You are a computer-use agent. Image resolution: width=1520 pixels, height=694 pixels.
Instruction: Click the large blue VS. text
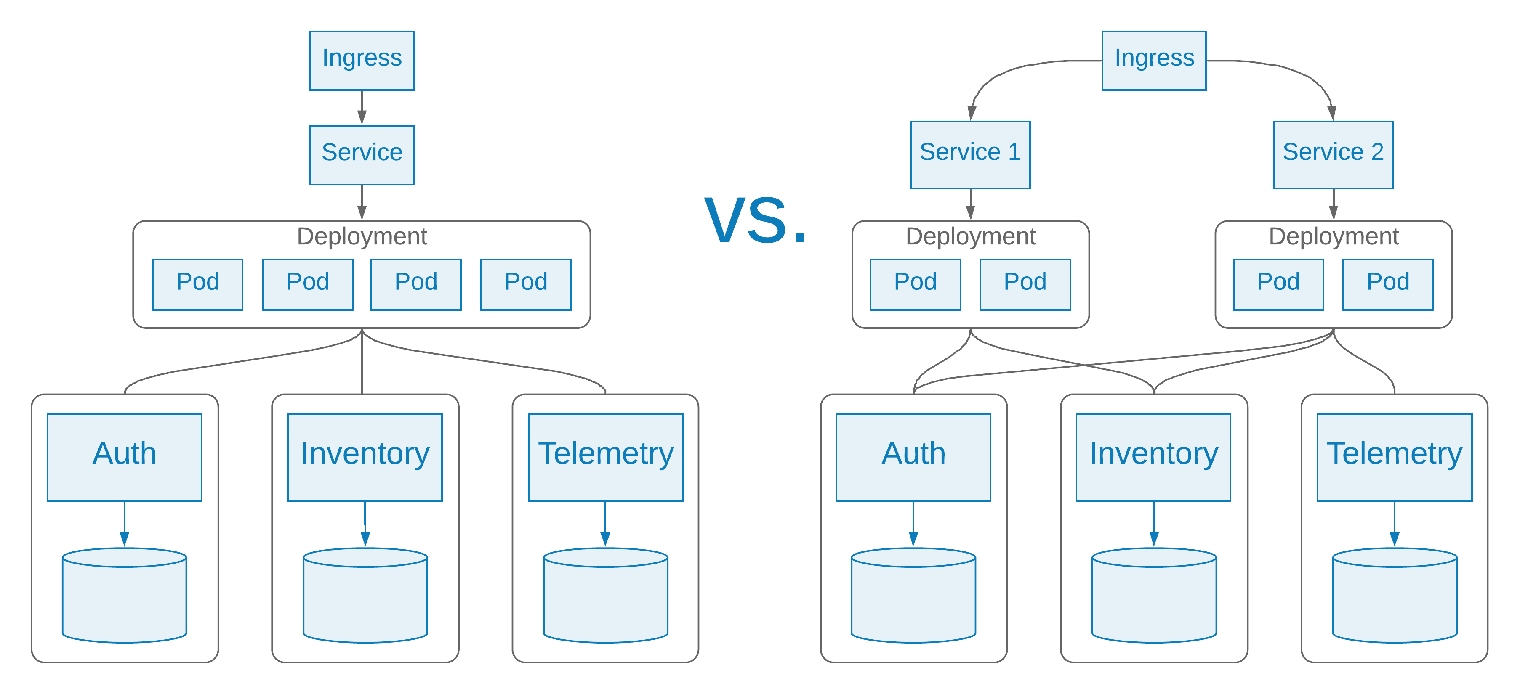[x=755, y=220]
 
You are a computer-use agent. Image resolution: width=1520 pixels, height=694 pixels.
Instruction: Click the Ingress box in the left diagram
[x=362, y=60]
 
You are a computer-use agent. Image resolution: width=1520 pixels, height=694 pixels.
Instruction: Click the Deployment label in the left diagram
[x=362, y=236]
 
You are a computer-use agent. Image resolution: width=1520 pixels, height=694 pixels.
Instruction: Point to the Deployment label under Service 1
[x=970, y=236]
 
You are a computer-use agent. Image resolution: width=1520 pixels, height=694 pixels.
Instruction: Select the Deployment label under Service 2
[x=1333, y=236]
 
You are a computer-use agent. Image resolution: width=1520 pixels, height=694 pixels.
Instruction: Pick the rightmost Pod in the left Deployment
[x=525, y=284]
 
